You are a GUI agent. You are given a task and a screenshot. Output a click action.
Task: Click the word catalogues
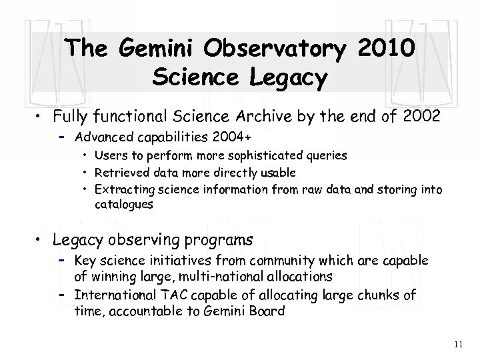tap(124, 205)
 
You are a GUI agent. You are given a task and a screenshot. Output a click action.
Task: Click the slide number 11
tap(457, 345)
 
